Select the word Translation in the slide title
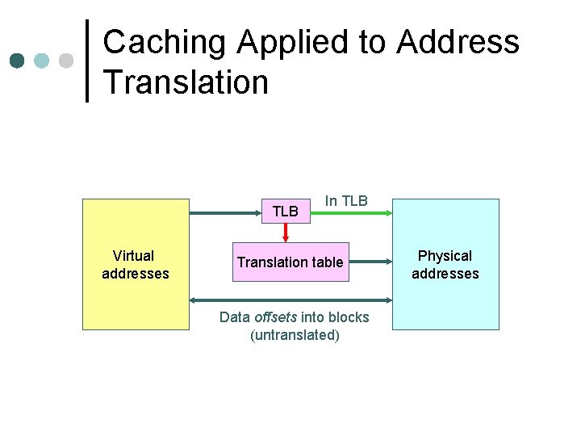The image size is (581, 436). pos(186,82)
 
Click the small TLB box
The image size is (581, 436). pos(286,212)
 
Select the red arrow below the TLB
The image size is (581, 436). pos(286,233)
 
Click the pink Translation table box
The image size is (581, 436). pos(290,262)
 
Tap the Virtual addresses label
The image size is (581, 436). pos(135,265)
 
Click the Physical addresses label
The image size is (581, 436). pos(445,265)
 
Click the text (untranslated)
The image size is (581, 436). pos(295,335)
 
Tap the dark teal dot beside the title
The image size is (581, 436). pos(17,61)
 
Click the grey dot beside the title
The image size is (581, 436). pos(66,61)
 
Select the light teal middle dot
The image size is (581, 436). pos(41,61)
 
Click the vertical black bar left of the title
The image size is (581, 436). pos(87,61)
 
